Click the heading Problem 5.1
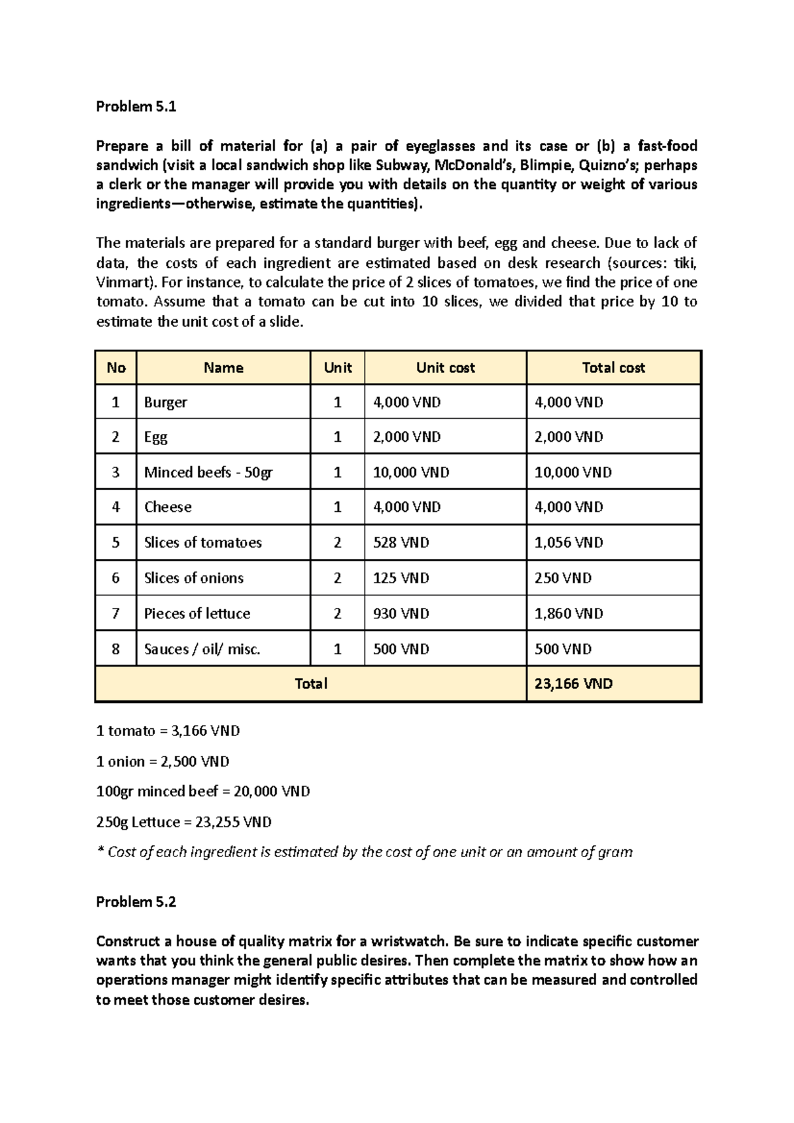pos(136,106)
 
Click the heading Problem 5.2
pos(136,902)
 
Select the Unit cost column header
pos(445,368)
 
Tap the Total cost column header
pos(613,368)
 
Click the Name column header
pos(223,368)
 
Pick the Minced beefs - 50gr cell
pos(208,472)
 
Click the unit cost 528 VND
pos(401,542)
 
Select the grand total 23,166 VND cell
pos(573,684)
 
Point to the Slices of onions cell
pos(194,578)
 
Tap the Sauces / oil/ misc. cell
pos(202,649)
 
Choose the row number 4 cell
pos(116,507)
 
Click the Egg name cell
pos(156,437)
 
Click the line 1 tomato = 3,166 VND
pos(168,731)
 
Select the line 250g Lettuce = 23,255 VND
pos(184,822)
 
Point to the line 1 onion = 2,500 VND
pos(163,761)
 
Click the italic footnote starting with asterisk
pos(364,852)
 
